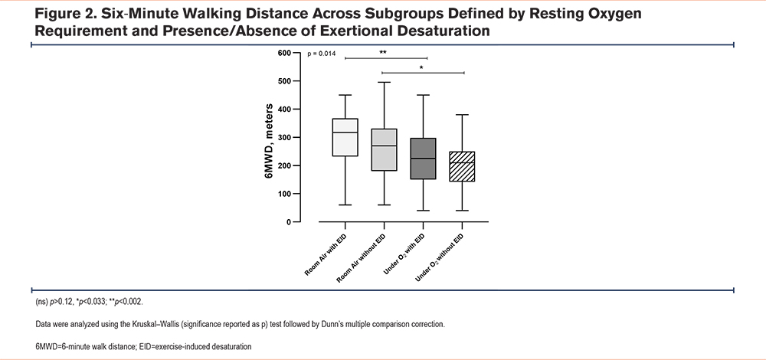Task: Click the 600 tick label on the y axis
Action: click(x=286, y=53)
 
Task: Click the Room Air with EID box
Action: click(x=345, y=137)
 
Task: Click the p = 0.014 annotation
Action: click(x=322, y=54)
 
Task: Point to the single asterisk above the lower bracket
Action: click(x=421, y=67)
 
